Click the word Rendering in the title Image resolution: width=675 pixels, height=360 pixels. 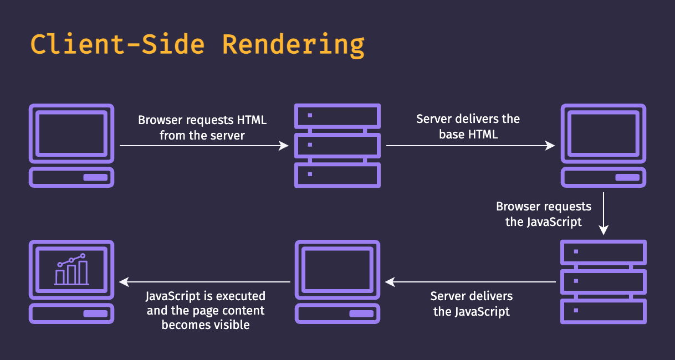pyautogui.click(x=293, y=45)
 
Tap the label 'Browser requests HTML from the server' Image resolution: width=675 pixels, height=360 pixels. pyautogui.click(x=202, y=127)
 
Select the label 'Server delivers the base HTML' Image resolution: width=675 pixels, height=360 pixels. pyautogui.click(x=468, y=126)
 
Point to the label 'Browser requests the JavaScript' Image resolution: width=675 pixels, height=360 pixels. pyautogui.click(x=544, y=214)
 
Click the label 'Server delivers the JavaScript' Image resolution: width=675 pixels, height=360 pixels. pyautogui.click(x=472, y=304)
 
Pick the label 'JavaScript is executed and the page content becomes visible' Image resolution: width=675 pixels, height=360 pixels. pyautogui.click(x=206, y=310)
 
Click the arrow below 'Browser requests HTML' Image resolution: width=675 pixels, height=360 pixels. pyautogui.click(x=204, y=146)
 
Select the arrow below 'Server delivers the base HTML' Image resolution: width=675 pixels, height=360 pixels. pyautogui.click(x=470, y=146)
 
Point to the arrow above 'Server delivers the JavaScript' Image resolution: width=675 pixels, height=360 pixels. pyautogui.click(x=471, y=282)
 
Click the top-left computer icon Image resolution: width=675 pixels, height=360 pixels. pyautogui.click(x=71, y=145)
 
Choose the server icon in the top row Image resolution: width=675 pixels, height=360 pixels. pyautogui.click(x=337, y=145)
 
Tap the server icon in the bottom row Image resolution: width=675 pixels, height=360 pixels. pyautogui.click(x=604, y=282)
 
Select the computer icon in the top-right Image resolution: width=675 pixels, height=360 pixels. pyautogui.click(x=604, y=145)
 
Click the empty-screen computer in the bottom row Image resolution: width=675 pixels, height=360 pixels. pyautogui.click(x=337, y=282)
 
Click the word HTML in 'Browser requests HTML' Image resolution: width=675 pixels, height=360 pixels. pyautogui.click(x=252, y=120)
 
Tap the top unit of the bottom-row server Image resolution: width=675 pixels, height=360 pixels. pyautogui.click(x=604, y=252)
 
